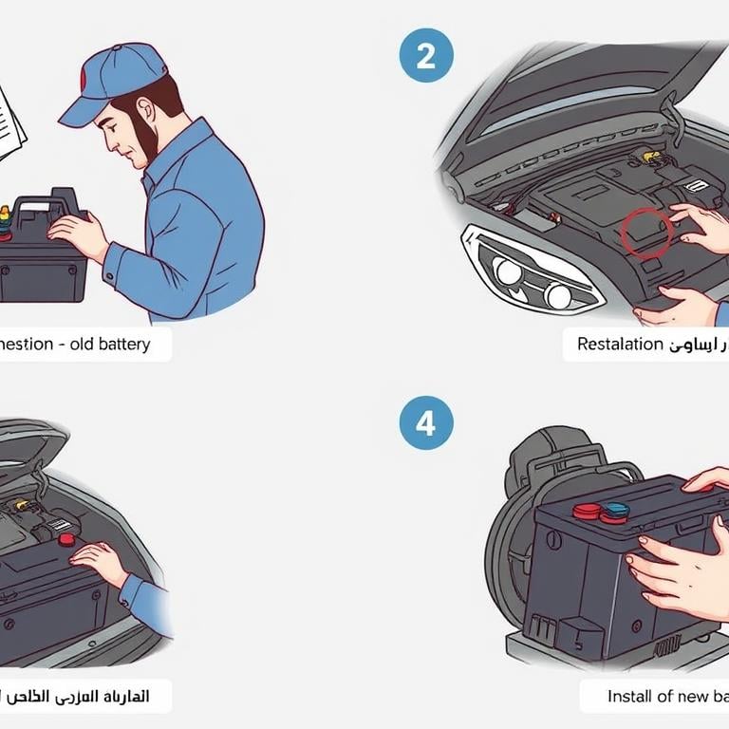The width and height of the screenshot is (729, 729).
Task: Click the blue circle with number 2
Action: (x=426, y=57)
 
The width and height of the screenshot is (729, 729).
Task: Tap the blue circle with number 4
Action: (x=426, y=422)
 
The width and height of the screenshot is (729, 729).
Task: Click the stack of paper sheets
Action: (x=11, y=120)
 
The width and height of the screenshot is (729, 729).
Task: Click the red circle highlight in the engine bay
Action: (x=646, y=234)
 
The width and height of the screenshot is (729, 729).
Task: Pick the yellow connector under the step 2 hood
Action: (x=650, y=156)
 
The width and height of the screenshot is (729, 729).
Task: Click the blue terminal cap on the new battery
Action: (x=614, y=512)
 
